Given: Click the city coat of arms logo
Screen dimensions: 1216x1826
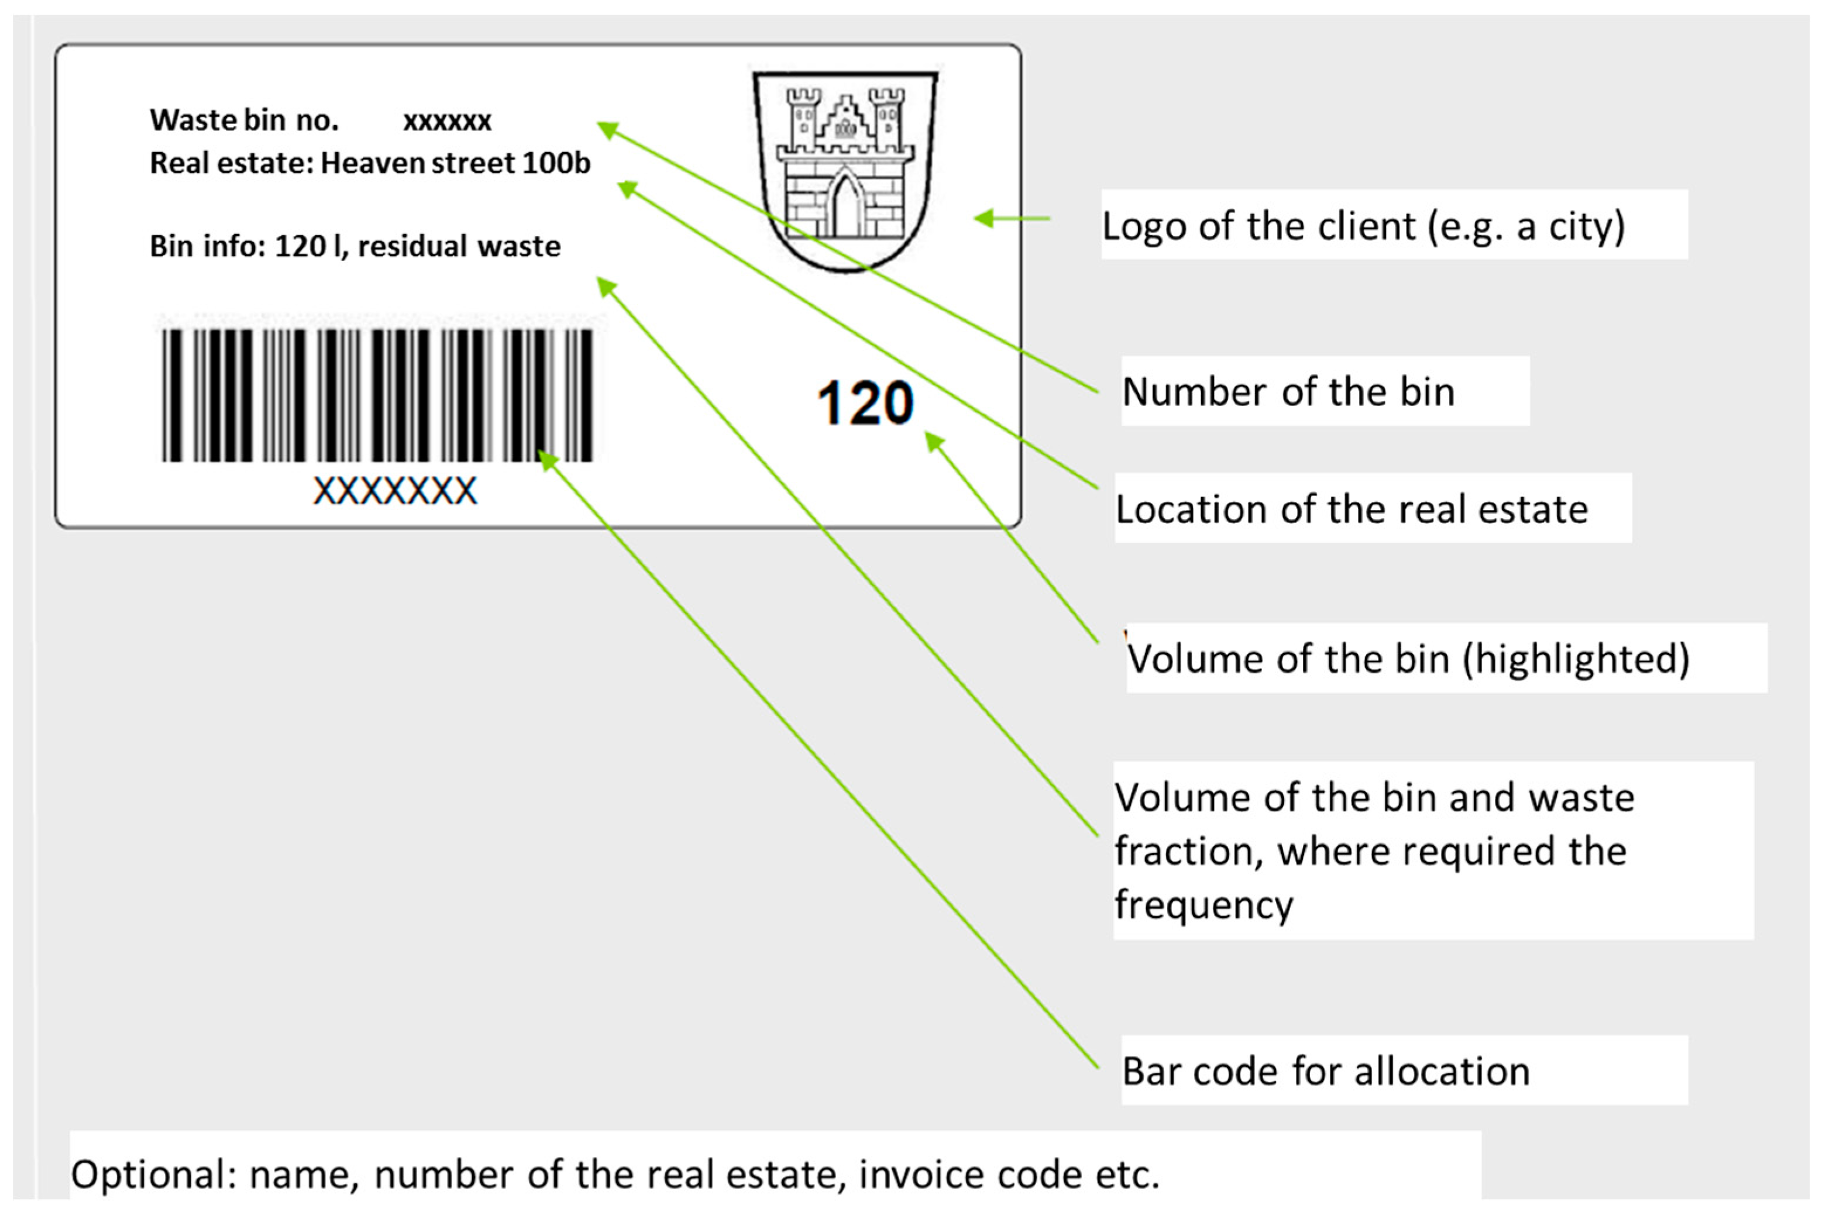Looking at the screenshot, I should point(845,171).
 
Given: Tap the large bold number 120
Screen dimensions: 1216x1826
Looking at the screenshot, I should point(865,402).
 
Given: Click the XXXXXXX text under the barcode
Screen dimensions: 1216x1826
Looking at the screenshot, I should point(395,491).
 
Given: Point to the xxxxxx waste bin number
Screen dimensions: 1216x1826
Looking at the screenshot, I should point(447,121).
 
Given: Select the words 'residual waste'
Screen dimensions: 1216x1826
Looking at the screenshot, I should point(459,247).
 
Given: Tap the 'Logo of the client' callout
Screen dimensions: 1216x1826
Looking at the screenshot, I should point(1363,226).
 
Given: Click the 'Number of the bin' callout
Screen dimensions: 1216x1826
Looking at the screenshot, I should point(1288,392).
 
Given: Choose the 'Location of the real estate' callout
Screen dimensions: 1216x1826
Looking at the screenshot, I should point(1352,509).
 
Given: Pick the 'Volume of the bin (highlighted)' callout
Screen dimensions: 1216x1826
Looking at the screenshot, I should point(1407,659).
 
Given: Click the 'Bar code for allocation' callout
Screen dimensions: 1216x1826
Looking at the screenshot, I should point(1326,1071).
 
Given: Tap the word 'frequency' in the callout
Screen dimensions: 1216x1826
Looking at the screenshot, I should point(1203,904).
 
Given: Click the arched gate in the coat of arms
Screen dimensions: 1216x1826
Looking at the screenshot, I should point(845,205).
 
